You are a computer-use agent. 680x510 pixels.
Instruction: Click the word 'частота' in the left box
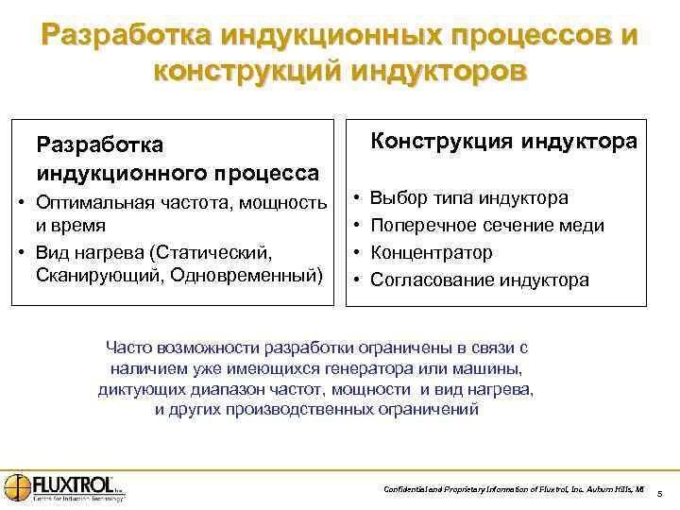203,201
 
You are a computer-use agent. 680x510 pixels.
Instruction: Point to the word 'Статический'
218,253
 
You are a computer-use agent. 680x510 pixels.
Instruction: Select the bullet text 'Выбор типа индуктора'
469,198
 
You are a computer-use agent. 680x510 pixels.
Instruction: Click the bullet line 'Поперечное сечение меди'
487,226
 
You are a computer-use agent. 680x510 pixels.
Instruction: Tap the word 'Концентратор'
432,253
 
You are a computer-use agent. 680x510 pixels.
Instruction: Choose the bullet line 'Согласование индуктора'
480,280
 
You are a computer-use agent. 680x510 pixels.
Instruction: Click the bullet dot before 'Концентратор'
355,253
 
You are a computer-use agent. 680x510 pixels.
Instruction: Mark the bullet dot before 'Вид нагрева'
20,253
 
